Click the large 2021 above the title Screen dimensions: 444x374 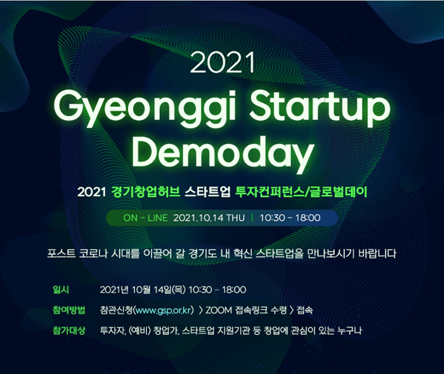222,63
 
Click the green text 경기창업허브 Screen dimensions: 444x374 146,192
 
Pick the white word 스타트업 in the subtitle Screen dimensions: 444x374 207,192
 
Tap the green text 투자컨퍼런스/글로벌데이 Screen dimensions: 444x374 301,192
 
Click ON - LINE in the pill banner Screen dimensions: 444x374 145,218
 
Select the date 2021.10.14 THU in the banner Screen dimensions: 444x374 209,218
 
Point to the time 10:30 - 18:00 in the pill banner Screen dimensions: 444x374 291,218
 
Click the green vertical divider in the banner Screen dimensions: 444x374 252,218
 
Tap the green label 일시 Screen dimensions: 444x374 61,290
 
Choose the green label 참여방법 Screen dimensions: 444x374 69,310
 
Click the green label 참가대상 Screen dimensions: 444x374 69,330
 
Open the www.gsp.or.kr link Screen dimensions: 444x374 164,311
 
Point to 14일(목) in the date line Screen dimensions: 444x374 169,290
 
